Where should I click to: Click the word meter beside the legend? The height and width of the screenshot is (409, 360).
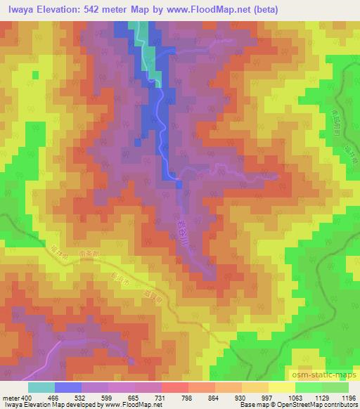[x=11, y=397]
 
